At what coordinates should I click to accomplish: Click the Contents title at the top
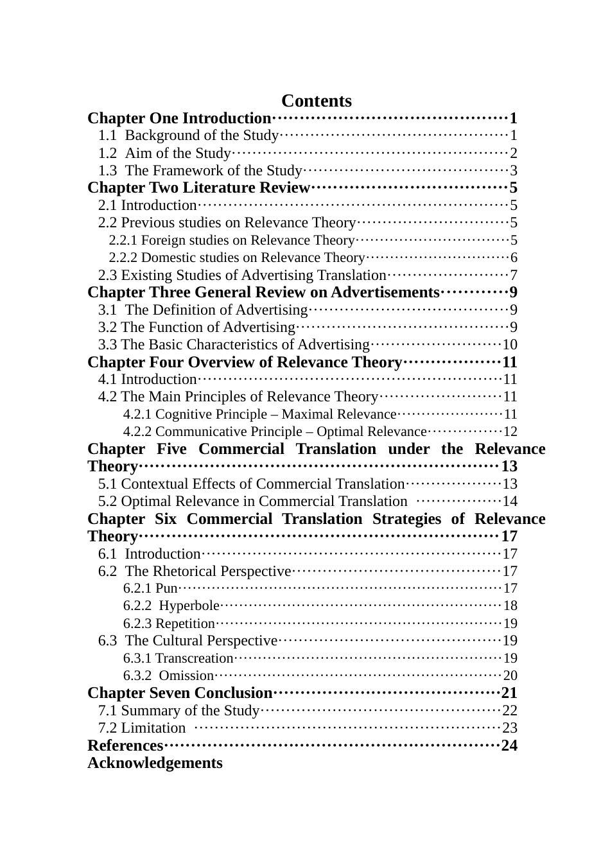pos(316,101)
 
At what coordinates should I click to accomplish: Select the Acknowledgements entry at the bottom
pos(155,763)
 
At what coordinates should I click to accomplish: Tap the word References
pos(125,745)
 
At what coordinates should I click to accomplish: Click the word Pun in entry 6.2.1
pos(166,588)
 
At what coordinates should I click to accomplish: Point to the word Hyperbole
pos(189,606)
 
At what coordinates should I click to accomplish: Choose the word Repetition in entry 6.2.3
pos(185,623)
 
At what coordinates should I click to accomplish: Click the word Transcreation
pos(194,658)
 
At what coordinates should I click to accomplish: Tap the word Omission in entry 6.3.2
pos(186,676)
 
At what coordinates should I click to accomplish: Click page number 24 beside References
pos(509,745)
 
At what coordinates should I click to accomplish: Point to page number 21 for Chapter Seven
pos(509,693)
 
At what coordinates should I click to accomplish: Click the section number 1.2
pos(108,153)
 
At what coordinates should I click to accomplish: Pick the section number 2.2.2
pos(123,257)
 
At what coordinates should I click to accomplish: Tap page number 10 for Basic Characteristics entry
pos(510,345)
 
